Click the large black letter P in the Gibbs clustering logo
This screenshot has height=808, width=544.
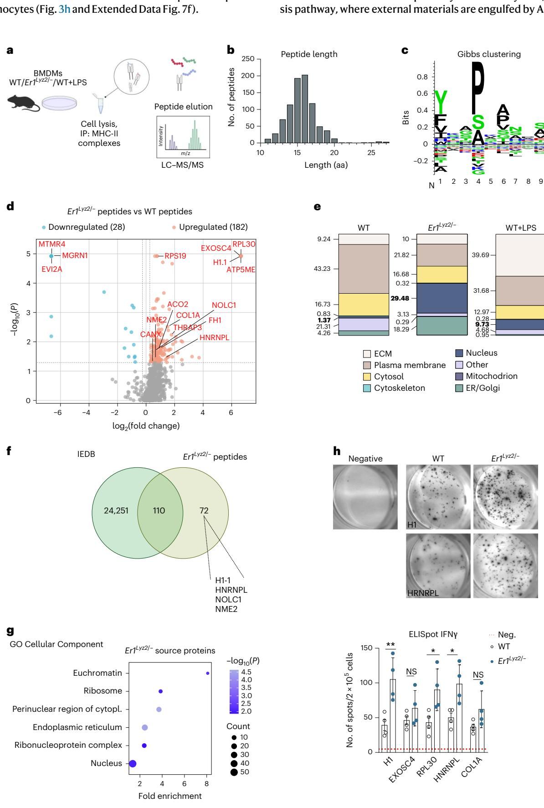[x=478, y=87]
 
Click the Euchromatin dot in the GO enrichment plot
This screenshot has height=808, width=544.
[x=208, y=673]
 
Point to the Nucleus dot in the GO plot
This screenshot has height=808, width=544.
[x=133, y=763]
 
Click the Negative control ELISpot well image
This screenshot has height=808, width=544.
[x=365, y=497]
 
